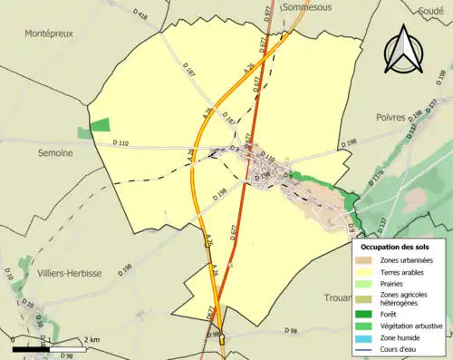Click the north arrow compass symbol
[404, 49]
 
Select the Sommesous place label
[306, 6]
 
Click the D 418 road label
[139, 15]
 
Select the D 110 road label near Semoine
[121, 143]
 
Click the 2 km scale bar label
[92, 339]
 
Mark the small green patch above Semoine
[101, 124]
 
